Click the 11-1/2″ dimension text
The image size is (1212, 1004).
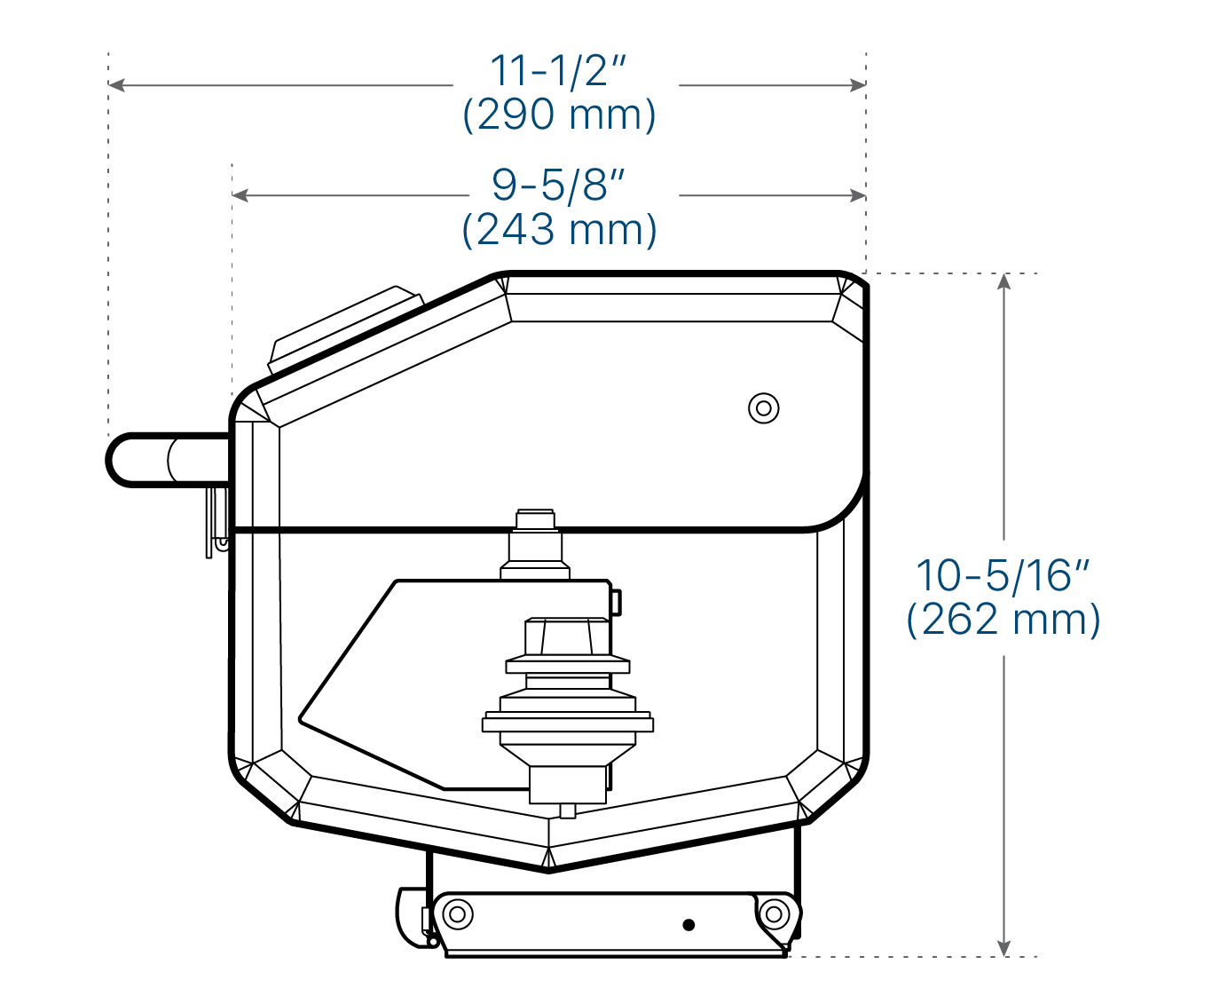[558, 71]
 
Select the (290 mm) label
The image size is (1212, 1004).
[559, 115]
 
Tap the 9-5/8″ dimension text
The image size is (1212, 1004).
[558, 186]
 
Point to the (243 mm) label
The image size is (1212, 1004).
[559, 230]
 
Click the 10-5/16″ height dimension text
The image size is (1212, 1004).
[1003, 576]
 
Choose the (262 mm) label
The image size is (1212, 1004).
[1003, 620]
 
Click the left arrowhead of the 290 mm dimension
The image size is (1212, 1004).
[116, 85]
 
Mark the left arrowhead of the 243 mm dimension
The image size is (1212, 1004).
[240, 195]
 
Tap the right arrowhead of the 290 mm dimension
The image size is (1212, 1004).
[858, 85]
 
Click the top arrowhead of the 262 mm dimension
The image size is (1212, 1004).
[1003, 281]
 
